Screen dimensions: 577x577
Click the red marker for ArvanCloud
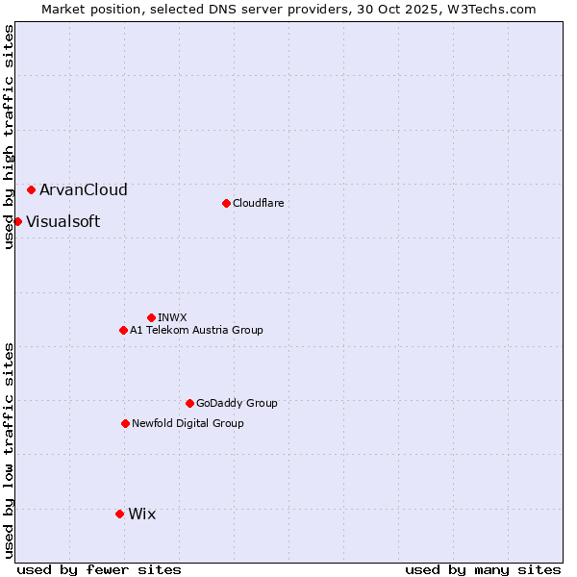[32, 190]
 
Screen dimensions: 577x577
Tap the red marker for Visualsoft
[17, 222]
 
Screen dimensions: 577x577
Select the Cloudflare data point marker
[226, 203]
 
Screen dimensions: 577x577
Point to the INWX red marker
[151, 317]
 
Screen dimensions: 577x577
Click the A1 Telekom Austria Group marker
[123, 330]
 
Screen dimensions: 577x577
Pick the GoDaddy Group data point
[189, 403]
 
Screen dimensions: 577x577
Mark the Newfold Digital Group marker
[125, 423]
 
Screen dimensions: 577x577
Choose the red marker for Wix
[119, 514]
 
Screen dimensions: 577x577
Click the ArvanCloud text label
[84, 190]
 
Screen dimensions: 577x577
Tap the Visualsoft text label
[63, 222]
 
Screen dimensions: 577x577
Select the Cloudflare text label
[259, 203]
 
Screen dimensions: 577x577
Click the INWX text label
[173, 317]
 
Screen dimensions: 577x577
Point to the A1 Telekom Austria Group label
[196, 330]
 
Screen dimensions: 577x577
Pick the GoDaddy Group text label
[237, 403]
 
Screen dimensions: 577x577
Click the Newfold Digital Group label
[188, 423]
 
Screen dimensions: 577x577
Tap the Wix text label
[141, 514]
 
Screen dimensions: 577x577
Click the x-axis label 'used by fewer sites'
[99, 569]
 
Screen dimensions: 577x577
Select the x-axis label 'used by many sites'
[483, 569]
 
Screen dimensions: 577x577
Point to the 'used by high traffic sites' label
[9, 137]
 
